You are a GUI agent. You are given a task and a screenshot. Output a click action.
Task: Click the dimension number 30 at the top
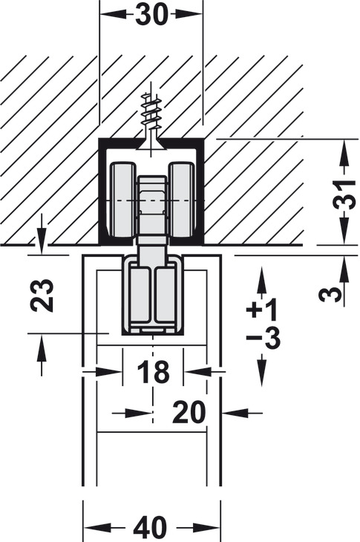151,15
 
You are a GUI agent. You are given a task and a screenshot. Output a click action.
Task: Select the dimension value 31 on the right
344,195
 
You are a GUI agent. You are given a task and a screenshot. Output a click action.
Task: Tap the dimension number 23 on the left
42,296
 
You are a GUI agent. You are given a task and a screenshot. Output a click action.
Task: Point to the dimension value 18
153,371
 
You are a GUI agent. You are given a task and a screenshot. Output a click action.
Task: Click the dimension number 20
189,412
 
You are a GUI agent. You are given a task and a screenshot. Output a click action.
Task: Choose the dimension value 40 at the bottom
150,528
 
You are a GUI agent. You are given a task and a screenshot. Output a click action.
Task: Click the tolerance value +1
261,309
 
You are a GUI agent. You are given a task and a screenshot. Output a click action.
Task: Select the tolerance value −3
263,337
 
